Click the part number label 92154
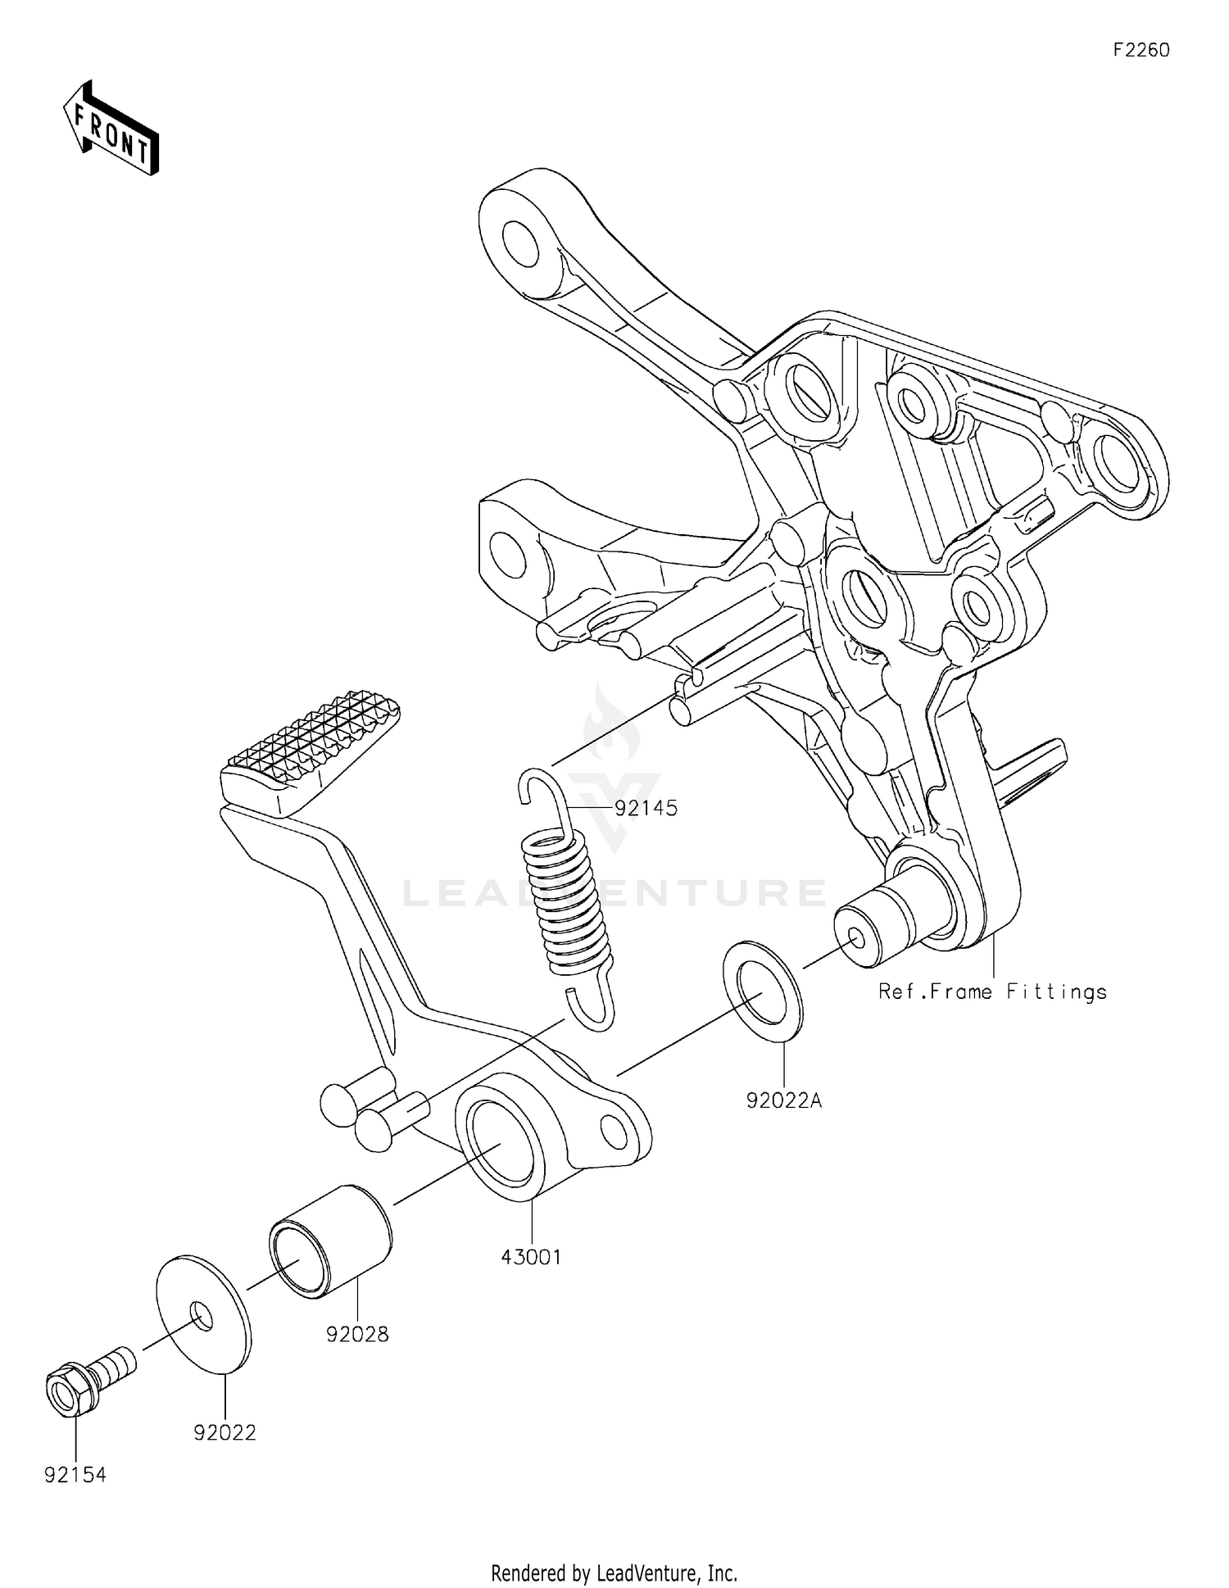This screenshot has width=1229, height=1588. (x=75, y=1475)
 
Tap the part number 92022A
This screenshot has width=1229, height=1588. (x=783, y=1100)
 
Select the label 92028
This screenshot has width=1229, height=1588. (x=357, y=1334)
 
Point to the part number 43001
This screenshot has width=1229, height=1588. (x=532, y=1256)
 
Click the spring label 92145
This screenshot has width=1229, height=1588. (x=646, y=808)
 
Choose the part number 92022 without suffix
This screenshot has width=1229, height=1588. (x=225, y=1432)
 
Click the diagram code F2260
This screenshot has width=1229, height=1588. (x=1141, y=50)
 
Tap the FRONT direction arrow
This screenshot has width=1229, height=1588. (x=111, y=129)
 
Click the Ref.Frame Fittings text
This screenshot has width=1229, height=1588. (x=992, y=991)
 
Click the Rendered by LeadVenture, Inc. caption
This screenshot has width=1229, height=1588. (x=614, y=1572)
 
